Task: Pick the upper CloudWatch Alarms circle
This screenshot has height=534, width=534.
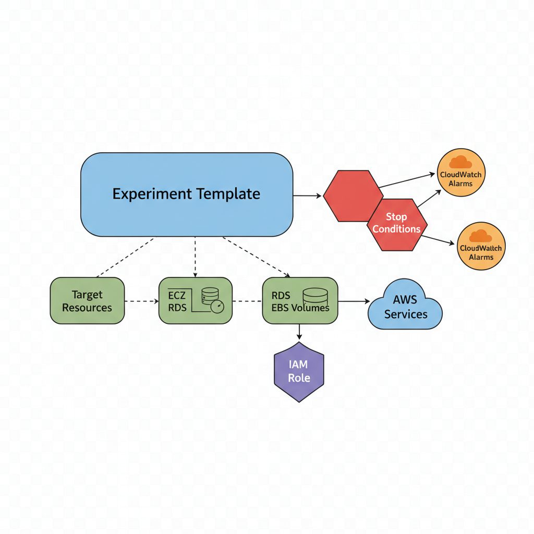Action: click(460, 173)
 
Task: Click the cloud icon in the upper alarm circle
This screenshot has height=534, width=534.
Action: click(460, 162)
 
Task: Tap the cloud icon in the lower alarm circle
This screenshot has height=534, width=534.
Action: click(481, 235)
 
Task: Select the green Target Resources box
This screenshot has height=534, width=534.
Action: click(87, 301)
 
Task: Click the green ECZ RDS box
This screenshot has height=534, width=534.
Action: click(195, 301)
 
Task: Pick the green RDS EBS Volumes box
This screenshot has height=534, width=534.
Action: click(300, 301)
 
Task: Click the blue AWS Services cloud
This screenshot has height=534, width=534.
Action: click(405, 308)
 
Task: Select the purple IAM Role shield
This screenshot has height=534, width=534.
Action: click(299, 372)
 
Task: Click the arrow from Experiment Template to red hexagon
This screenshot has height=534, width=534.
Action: click(308, 196)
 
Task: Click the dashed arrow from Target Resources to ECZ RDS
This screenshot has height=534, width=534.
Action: click(142, 301)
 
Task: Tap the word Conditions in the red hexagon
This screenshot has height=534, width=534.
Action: click(396, 229)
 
